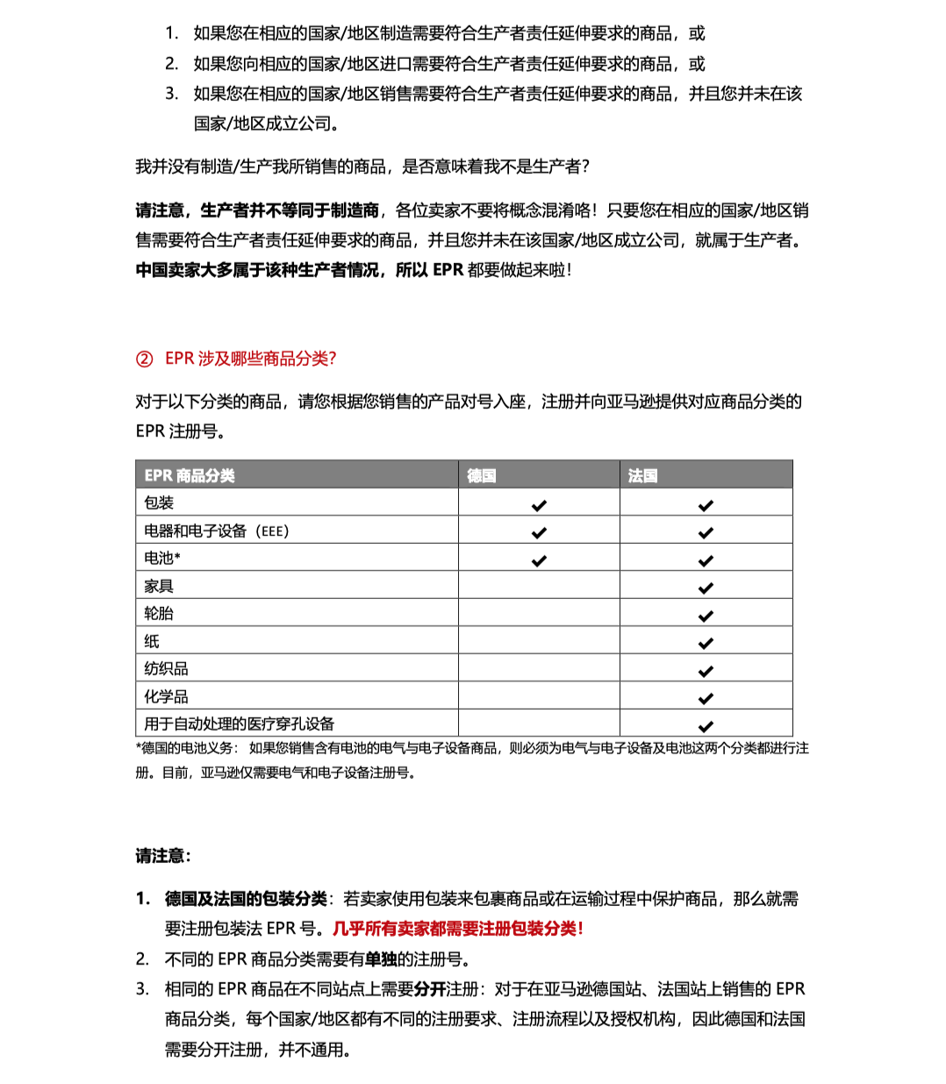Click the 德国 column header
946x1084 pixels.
coord(482,475)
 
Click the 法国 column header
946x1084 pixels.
coord(642,475)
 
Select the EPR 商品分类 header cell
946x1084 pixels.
coord(190,475)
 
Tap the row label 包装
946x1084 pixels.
coord(159,503)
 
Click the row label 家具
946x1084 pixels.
coord(159,586)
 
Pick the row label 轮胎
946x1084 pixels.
coord(159,613)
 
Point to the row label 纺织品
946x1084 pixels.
coord(166,668)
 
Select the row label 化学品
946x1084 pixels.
coord(166,696)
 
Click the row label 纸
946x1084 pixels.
coord(152,641)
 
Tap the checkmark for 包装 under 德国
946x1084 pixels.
coord(539,505)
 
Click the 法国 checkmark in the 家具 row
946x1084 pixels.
coord(706,588)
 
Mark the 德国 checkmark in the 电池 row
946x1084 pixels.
coord(539,560)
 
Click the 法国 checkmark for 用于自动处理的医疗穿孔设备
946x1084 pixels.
coord(706,726)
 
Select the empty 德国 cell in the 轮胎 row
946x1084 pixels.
coord(539,613)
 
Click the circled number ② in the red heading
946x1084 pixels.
coord(145,359)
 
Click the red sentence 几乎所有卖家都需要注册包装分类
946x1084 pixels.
coord(457,929)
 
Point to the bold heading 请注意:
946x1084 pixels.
coord(163,856)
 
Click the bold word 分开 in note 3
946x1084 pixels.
coord(430,989)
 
